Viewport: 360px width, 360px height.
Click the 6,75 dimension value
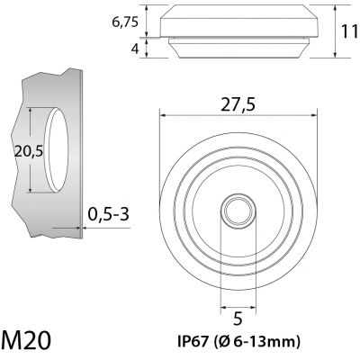point(125,22)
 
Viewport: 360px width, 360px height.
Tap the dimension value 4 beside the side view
point(135,49)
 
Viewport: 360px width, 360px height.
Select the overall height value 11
point(349,31)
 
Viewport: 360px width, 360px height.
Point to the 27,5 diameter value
point(238,105)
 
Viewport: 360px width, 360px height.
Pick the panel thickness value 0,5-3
point(109,214)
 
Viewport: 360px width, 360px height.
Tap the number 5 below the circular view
point(238,319)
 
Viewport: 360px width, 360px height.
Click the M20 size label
point(26,340)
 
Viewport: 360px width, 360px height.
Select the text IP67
point(193,341)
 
